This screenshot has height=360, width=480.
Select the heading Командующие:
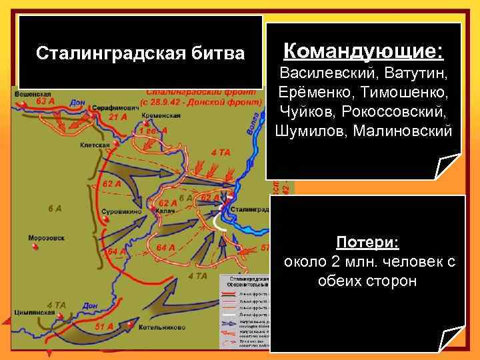(x=363, y=50)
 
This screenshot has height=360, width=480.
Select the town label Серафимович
(x=109, y=107)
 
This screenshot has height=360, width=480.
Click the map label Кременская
(x=156, y=115)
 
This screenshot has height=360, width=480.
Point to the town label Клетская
(x=94, y=143)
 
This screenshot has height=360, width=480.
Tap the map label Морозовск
(x=45, y=238)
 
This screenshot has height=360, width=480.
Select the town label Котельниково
(x=162, y=328)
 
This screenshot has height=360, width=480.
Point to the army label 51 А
(x=105, y=327)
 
